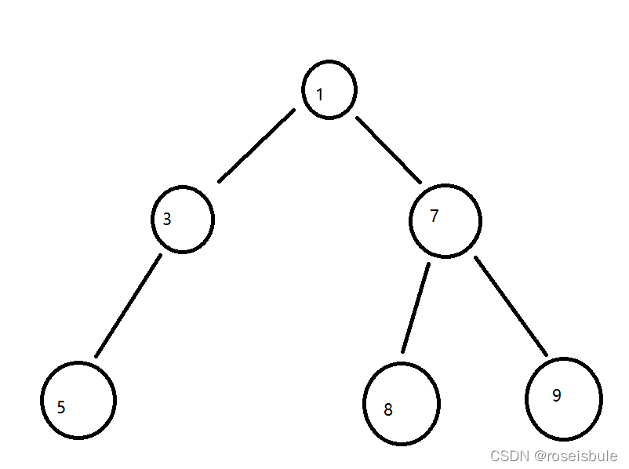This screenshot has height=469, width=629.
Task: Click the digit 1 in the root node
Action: [x=320, y=95]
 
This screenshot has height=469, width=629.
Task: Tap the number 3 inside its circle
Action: [x=167, y=220]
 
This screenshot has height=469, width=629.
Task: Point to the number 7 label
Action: [x=434, y=216]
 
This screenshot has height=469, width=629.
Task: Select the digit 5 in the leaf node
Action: [x=61, y=407]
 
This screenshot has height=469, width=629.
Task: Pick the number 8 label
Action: [x=387, y=409]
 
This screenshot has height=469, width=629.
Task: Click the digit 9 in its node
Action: [x=557, y=395]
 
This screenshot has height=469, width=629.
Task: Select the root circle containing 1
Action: [x=330, y=90]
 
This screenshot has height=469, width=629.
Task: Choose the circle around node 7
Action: [x=445, y=220]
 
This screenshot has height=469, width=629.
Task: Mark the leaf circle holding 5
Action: [x=78, y=400]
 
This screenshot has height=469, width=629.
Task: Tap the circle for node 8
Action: [x=402, y=404]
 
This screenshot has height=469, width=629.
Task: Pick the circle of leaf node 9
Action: [x=564, y=397]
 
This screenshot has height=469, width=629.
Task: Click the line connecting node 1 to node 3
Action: [x=256, y=146]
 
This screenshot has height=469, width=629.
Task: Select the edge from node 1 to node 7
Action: [x=389, y=150]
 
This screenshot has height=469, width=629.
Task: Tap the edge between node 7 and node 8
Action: [x=416, y=308]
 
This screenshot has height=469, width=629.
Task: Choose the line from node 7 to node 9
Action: [x=511, y=305]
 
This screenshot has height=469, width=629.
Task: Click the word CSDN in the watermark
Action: [x=506, y=456]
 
